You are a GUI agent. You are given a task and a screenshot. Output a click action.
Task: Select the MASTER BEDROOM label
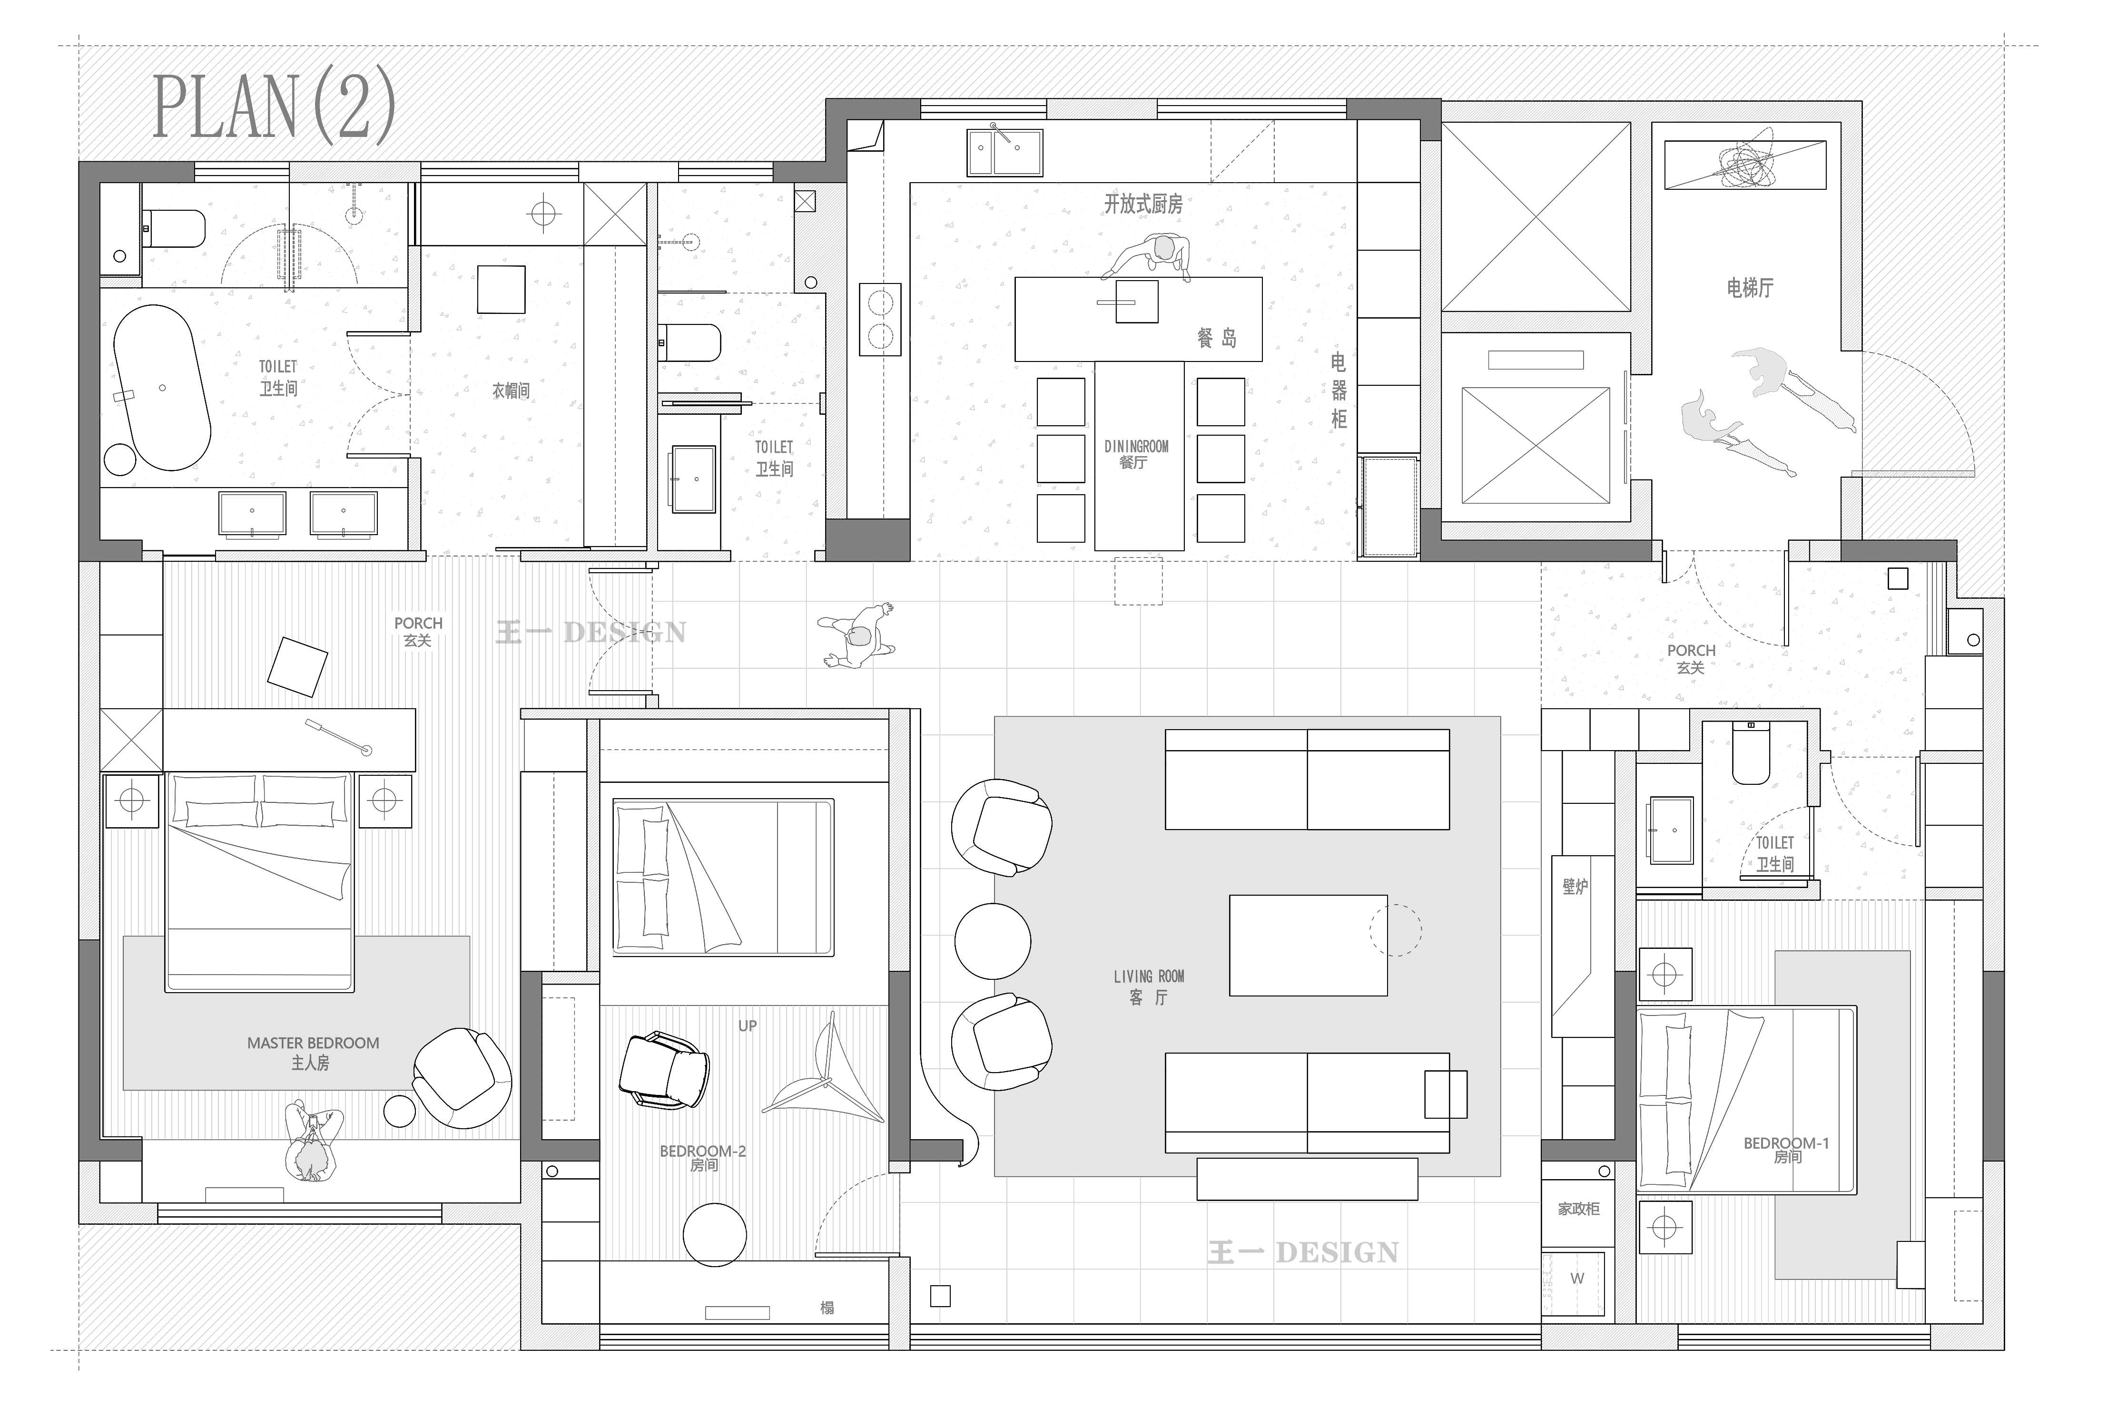(313, 1043)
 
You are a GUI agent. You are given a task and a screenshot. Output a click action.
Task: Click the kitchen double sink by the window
(1004, 152)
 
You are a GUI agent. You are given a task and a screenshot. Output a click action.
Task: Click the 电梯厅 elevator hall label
(1750, 288)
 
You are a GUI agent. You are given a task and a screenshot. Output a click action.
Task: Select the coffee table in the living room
(1308, 945)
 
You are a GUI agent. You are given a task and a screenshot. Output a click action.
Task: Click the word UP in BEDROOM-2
(747, 1026)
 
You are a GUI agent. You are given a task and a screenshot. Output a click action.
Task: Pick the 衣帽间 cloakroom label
(511, 391)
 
